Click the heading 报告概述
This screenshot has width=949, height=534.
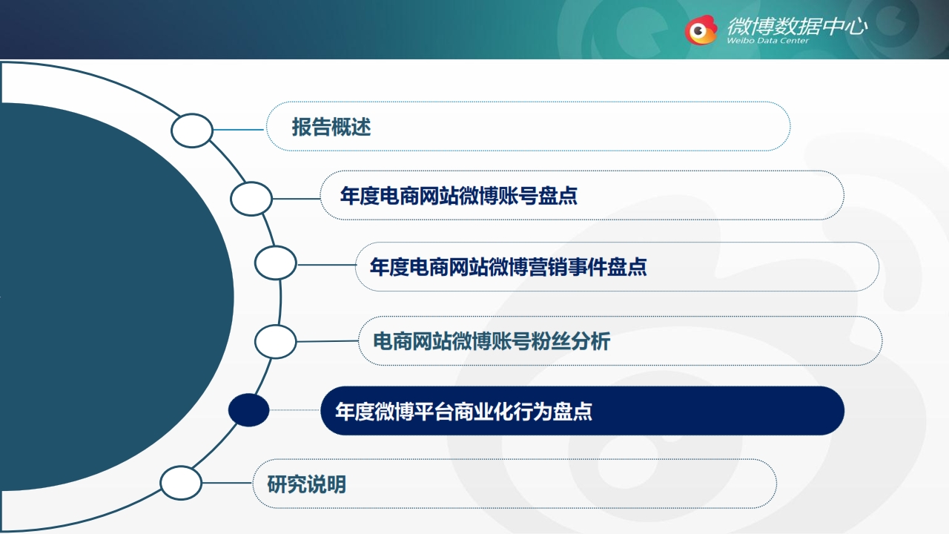coord(331,127)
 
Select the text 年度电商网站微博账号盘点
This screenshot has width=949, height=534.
coord(459,196)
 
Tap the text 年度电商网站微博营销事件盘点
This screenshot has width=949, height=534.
coord(509,267)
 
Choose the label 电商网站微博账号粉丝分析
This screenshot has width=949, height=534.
coord(492,341)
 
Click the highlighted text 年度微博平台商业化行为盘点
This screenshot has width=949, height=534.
coord(464,411)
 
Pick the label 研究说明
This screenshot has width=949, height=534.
coord(307,484)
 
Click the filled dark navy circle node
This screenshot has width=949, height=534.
coord(248,410)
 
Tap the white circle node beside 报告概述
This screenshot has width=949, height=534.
coord(192,131)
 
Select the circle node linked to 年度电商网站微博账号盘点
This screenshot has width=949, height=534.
coord(251,199)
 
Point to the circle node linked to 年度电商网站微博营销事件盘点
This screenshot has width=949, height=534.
coord(275,263)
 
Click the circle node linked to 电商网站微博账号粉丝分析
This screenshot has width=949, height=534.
coord(275,342)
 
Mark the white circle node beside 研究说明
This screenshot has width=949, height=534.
coord(181,483)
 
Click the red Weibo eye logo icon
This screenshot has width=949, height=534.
coord(701,30)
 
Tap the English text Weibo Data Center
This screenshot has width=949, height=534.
coord(767,41)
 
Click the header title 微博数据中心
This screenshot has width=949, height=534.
coord(797,26)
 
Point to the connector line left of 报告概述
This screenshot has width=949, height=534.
coord(239,130)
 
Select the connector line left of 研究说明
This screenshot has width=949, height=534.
coord(227,483)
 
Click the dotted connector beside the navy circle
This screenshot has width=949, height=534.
coord(295,410)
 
